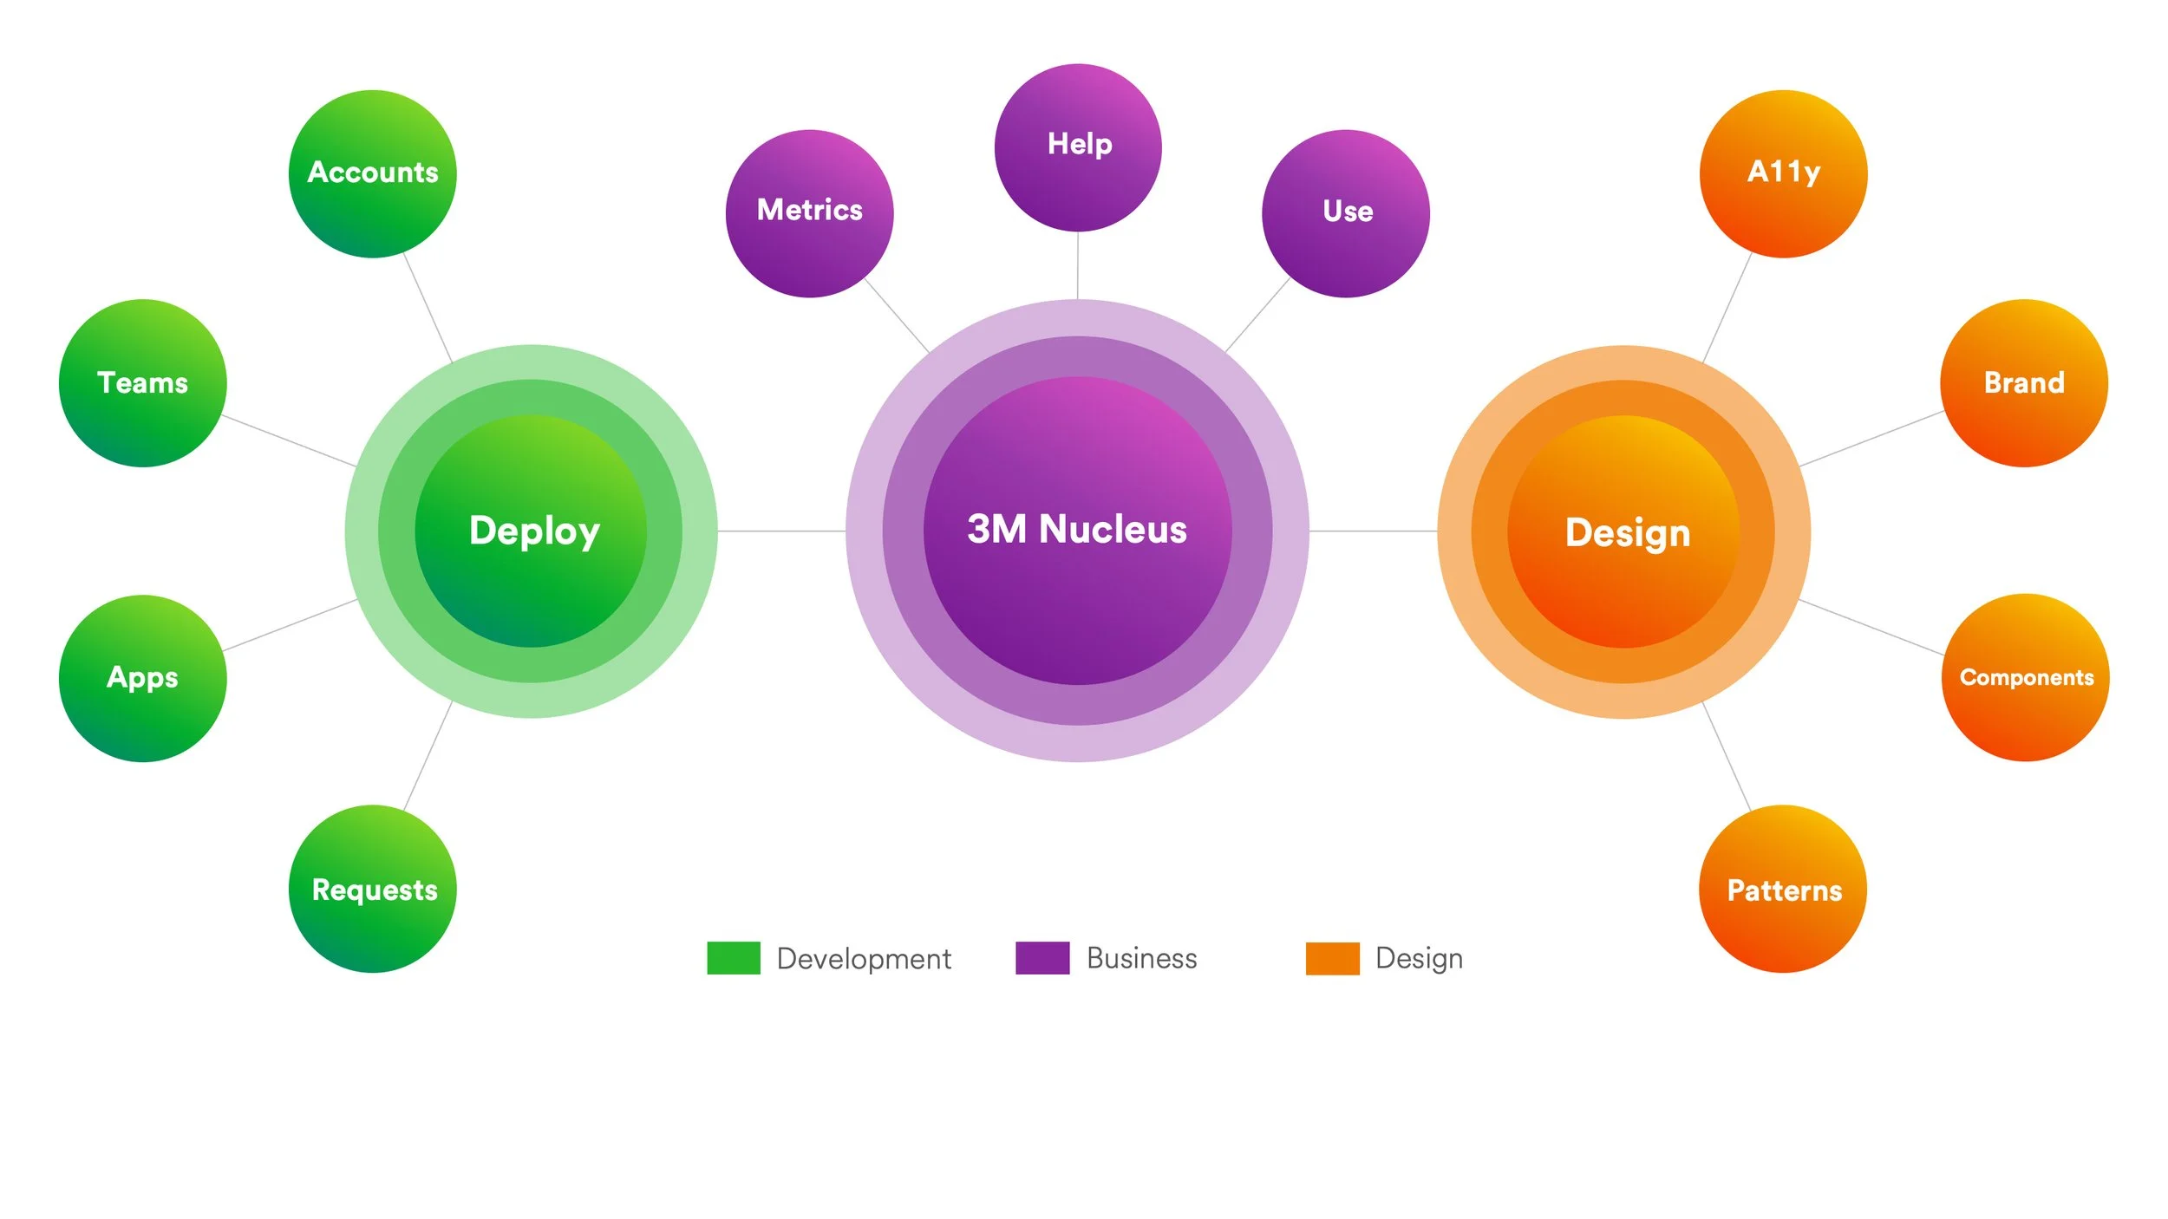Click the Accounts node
pyautogui.click(x=372, y=174)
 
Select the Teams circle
pyautogui.click(x=142, y=383)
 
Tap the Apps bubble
pyautogui.click(x=142, y=678)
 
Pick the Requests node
pyautogui.click(x=372, y=889)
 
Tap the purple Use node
pyautogui.click(x=1346, y=213)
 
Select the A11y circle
pyautogui.click(x=1783, y=174)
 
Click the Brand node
pyautogui.click(x=2024, y=383)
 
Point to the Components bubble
pyautogui.click(x=2025, y=677)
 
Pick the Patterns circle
pyautogui.click(x=1783, y=889)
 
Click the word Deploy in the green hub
pyautogui.click(x=534, y=531)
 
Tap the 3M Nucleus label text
pyautogui.click(x=1077, y=529)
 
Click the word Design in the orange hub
pyautogui.click(x=1628, y=532)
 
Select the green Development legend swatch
pyautogui.click(x=734, y=958)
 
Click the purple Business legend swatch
pyautogui.click(x=1042, y=958)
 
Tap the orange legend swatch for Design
pyautogui.click(x=1333, y=958)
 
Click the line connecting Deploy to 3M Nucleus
pyautogui.click(x=781, y=531)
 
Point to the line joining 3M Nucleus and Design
pyautogui.click(x=1373, y=531)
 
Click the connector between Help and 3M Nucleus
pyautogui.click(x=1078, y=265)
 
